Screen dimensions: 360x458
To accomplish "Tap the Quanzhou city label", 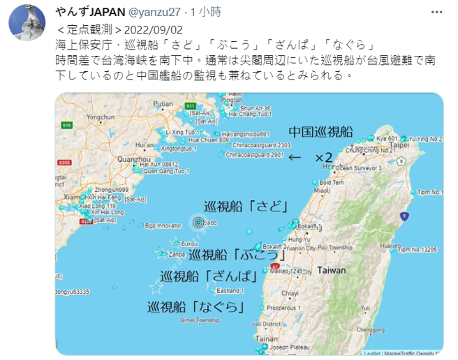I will pos(135,160).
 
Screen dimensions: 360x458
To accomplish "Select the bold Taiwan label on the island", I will pos(331,269).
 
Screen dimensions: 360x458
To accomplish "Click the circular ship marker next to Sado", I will pos(197,223).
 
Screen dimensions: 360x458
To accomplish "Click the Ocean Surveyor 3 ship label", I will pos(359,168).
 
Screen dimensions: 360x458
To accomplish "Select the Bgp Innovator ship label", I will pos(163,225).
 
